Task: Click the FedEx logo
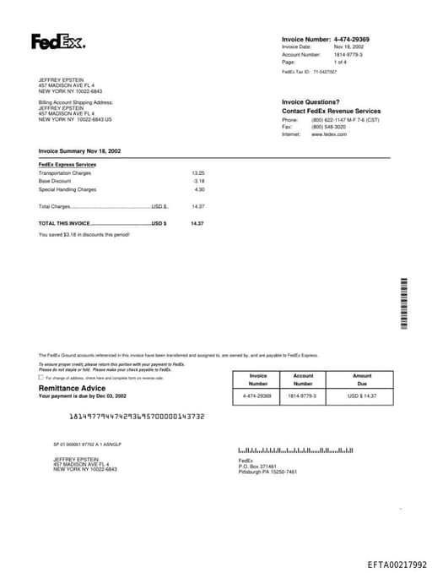[x=57, y=41]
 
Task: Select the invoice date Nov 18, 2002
[x=348, y=46]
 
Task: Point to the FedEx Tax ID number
[x=325, y=72]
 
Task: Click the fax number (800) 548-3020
[x=328, y=127]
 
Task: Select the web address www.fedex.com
[x=329, y=134]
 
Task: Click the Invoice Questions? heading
[x=310, y=101]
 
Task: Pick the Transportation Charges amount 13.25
[x=198, y=173]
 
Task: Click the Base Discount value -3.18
[x=198, y=181]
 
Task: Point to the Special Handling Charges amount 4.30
[x=199, y=189]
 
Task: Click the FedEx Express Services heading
[x=67, y=164]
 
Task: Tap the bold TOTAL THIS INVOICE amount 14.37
[x=197, y=223]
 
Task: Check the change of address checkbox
[x=41, y=378]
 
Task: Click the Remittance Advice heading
[x=72, y=388]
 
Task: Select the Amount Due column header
[x=361, y=379]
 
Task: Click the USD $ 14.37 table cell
[x=361, y=396]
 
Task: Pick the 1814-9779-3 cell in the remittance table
[x=302, y=396]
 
